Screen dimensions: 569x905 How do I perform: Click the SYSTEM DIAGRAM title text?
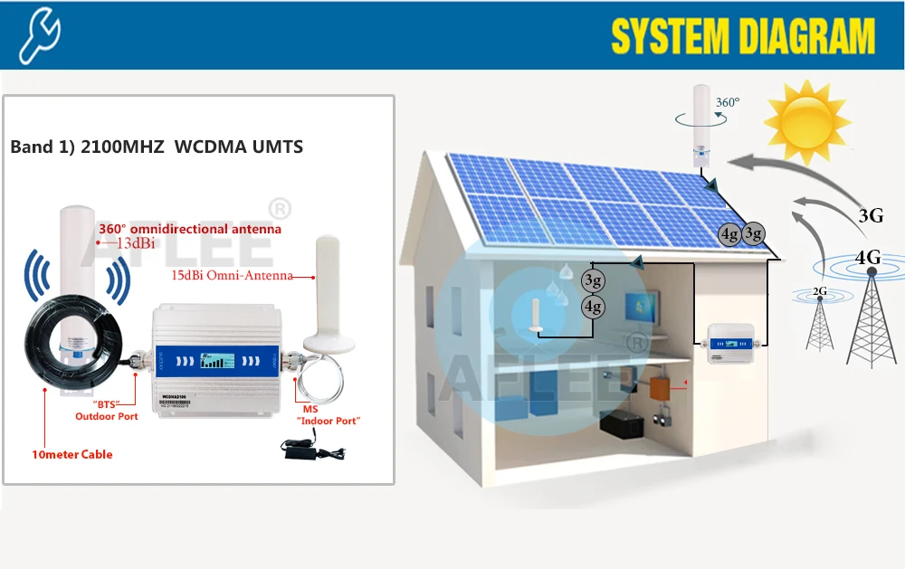coord(743,37)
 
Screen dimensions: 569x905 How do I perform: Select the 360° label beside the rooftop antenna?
coord(727,102)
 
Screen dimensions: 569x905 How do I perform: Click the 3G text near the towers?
coord(871,216)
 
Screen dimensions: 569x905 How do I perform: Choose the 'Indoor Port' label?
coord(329,421)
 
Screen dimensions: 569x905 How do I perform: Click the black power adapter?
coord(303,447)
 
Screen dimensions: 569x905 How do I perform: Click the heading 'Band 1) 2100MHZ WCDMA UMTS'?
coord(157,147)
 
